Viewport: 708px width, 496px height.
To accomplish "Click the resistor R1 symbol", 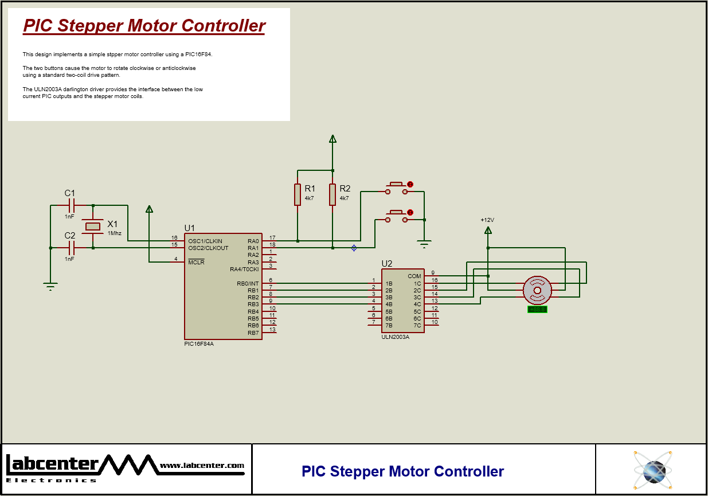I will click(x=298, y=194).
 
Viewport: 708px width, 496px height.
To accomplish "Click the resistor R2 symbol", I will click(x=333, y=194).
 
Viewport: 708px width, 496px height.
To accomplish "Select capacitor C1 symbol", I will click(x=72, y=205).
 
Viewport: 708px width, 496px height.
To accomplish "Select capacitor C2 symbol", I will click(x=72, y=248).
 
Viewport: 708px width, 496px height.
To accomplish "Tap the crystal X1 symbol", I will click(x=93, y=226).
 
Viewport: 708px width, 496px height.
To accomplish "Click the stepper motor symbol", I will click(x=537, y=291).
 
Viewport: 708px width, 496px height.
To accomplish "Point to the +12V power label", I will click(x=487, y=220).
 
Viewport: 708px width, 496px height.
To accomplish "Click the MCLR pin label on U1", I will click(x=196, y=262).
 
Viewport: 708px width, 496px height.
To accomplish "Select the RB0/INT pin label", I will click(x=248, y=283).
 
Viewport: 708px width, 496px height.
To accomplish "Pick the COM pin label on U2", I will click(x=414, y=276).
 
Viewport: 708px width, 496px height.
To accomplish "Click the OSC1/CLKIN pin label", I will click(x=205, y=241).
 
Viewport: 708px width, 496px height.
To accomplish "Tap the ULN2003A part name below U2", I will click(x=395, y=337).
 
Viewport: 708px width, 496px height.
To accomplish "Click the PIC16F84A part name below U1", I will click(x=199, y=344).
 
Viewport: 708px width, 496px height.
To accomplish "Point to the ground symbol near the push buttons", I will click(x=424, y=245).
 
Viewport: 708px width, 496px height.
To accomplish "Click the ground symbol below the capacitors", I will click(x=50, y=287).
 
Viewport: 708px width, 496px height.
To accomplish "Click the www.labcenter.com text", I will click(x=202, y=466).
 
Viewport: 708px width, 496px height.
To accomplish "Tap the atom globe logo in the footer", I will click(x=652, y=470).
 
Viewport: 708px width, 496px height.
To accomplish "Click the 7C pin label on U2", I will click(x=417, y=326).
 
